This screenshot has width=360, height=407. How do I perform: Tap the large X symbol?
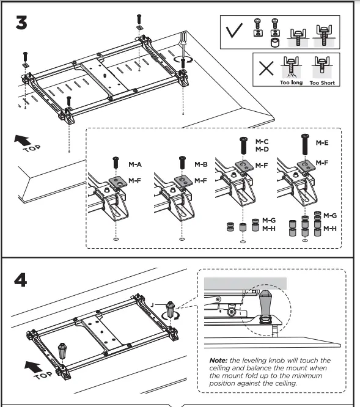[266, 68]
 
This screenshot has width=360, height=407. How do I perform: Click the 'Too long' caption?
[291, 82]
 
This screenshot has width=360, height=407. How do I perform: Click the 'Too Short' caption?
[323, 82]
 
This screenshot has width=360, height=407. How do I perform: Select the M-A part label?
[135, 164]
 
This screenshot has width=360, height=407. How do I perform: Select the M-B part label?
[201, 164]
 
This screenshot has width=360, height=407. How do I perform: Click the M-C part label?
[262, 142]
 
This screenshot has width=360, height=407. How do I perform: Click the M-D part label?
[262, 150]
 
